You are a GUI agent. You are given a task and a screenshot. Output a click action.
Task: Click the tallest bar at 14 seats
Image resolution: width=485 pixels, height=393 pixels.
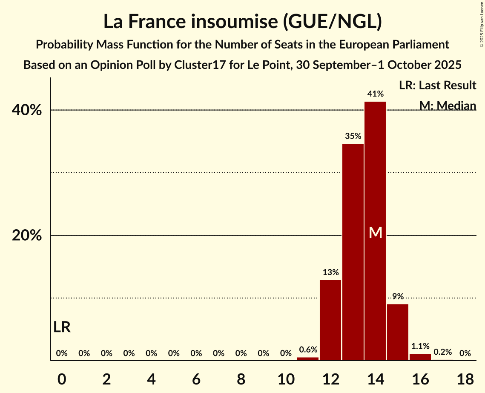tap(375, 179)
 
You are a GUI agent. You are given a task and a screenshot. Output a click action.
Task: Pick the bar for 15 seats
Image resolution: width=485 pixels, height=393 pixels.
tap(398, 332)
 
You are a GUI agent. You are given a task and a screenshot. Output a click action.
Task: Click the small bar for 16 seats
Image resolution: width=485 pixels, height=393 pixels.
tap(420, 357)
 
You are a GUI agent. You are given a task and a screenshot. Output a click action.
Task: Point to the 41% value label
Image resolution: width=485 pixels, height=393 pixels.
tap(376, 94)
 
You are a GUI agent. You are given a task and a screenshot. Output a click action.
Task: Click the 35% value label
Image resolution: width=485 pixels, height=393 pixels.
tap(353, 137)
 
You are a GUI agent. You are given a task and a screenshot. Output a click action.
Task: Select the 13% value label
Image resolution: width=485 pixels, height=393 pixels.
tap(330, 273)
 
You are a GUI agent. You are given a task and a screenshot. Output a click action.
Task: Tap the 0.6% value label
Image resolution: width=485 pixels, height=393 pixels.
tap(308, 350)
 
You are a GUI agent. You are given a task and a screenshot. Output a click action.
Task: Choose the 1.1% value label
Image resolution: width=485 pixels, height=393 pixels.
tap(420, 346)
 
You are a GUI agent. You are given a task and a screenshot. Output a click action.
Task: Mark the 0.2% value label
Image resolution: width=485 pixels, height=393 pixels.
tap(442, 353)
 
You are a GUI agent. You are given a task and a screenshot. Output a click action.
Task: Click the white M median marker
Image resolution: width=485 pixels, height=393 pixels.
tap(376, 232)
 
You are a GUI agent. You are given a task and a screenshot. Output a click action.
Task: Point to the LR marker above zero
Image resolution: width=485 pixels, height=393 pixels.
tap(62, 327)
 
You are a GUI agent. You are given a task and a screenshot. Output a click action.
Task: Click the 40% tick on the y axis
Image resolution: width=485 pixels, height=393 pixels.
tap(27, 110)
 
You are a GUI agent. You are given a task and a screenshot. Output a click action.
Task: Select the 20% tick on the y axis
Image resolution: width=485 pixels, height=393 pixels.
tap(27, 236)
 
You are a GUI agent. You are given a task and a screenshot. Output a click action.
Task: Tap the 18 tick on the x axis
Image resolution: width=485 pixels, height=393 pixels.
tap(465, 378)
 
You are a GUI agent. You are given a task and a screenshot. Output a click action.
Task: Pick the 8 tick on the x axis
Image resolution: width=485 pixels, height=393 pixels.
tap(241, 378)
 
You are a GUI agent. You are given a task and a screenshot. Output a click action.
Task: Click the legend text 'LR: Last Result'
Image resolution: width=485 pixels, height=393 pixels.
tap(437, 85)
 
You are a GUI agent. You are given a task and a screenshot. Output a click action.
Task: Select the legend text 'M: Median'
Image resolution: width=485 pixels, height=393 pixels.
tap(448, 105)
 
